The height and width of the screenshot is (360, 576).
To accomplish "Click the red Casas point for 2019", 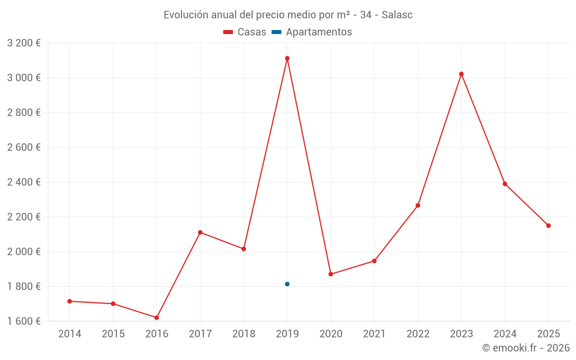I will (x=287, y=58).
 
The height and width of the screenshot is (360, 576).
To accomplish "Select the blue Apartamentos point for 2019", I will (x=287, y=284).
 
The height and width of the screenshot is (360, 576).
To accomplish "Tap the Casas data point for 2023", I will (x=461, y=74).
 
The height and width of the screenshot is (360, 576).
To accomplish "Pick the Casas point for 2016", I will (x=157, y=317).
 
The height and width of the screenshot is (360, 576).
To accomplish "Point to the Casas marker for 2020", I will (x=331, y=274).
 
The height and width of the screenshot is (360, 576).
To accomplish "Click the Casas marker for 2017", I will (x=200, y=232).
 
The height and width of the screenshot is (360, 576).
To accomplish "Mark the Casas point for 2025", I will (x=548, y=225).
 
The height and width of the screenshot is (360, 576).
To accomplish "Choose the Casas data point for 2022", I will (x=418, y=206).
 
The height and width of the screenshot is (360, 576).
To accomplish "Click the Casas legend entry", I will (x=245, y=32).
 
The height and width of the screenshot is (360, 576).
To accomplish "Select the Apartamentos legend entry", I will (x=312, y=32).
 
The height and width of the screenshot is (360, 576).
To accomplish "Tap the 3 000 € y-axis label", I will (x=24, y=78).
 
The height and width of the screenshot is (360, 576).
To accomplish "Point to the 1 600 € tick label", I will (x=24, y=321).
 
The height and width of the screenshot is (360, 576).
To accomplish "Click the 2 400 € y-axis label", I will (x=24, y=182).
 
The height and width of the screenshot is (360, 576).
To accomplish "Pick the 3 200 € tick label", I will (x=24, y=43).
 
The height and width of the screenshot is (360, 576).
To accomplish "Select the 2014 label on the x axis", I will (x=70, y=334).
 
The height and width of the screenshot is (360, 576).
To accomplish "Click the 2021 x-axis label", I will (x=374, y=334).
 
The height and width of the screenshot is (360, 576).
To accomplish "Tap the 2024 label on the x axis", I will (x=505, y=334).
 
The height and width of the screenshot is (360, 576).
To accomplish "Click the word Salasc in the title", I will (x=397, y=15).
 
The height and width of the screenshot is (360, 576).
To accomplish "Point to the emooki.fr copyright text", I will (x=526, y=348).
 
